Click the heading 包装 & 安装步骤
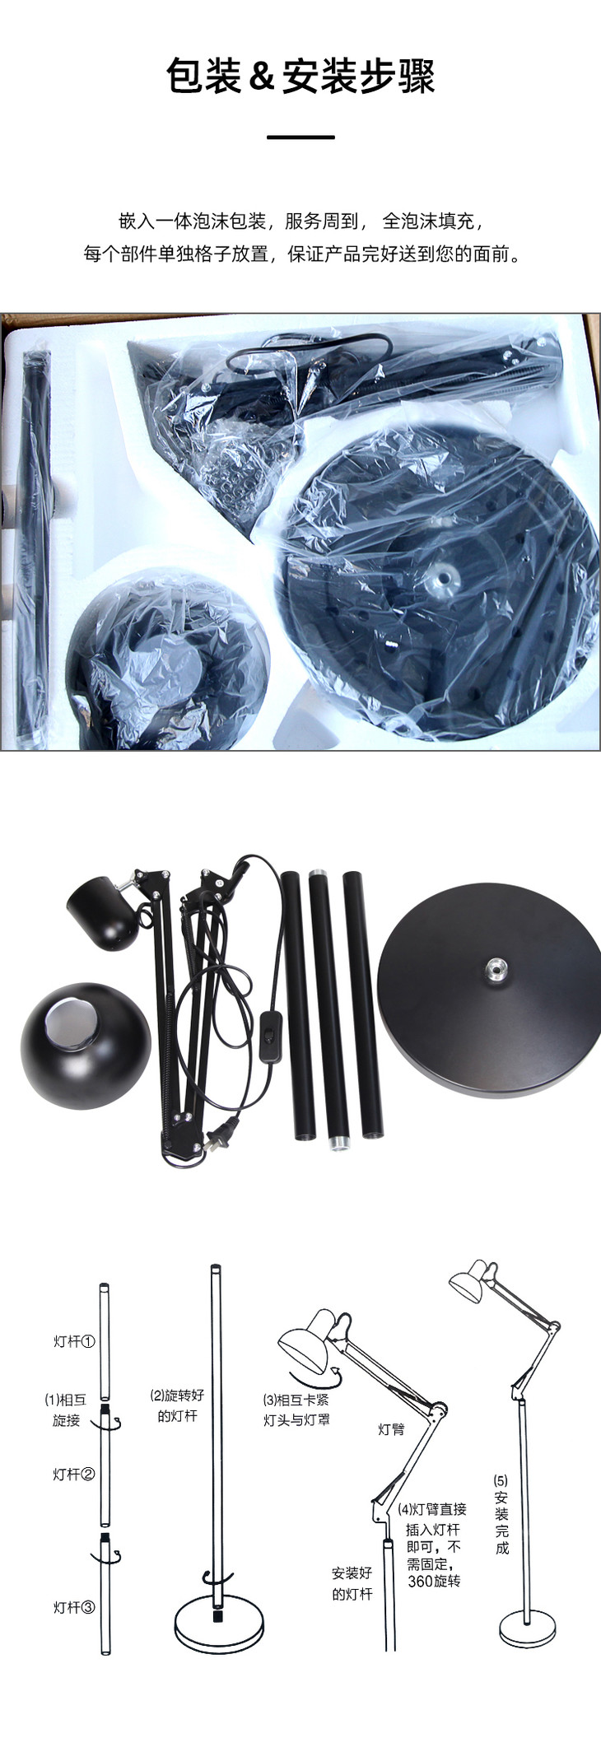pyautogui.click(x=300, y=76)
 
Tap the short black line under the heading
pyautogui.click(x=300, y=137)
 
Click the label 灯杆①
pyautogui.click(x=74, y=1341)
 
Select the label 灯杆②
pyautogui.click(x=74, y=1474)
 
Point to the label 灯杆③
pyautogui.click(x=74, y=1607)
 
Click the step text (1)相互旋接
pyautogui.click(x=65, y=1410)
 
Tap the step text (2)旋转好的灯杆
pyautogui.click(x=177, y=1405)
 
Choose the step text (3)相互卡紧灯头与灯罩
pyautogui.click(x=296, y=1410)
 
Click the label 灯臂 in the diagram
pyautogui.click(x=391, y=1429)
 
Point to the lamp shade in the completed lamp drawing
pyautogui.click(x=467, y=1283)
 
